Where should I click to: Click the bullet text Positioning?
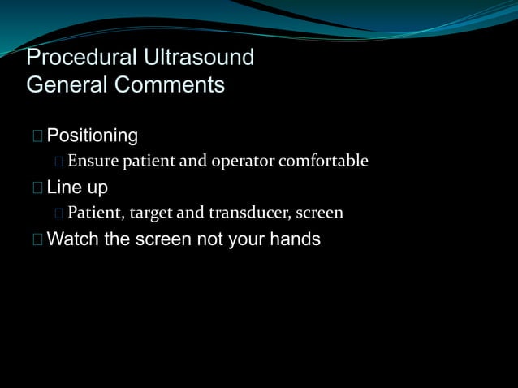[93, 136]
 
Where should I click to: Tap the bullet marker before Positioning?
[37, 136]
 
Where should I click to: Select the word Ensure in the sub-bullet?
[93, 162]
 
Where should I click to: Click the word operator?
[242, 162]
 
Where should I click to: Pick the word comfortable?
[323, 162]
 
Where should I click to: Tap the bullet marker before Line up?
[37, 188]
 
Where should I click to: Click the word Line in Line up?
[62, 188]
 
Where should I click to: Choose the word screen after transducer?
[319, 213]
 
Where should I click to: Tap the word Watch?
[74, 239]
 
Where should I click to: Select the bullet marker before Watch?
[37, 239]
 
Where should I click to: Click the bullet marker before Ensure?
[59, 162]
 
